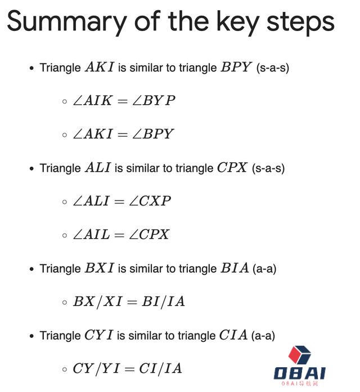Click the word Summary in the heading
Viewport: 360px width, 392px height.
(x=67, y=22)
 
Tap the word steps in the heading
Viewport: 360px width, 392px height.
(x=300, y=23)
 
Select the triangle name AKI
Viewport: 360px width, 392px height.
(x=100, y=67)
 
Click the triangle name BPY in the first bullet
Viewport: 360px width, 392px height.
(x=236, y=67)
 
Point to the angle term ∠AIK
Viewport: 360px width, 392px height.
(x=92, y=100)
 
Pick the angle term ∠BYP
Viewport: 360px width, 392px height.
(x=154, y=100)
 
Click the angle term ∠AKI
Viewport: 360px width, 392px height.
(x=93, y=134)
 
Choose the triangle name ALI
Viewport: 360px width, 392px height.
(x=98, y=167)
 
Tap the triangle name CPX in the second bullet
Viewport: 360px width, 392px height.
(x=232, y=167)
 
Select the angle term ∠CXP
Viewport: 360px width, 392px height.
(x=150, y=201)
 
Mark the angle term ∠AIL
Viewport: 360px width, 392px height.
(x=91, y=234)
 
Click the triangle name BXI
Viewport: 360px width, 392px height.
(x=100, y=268)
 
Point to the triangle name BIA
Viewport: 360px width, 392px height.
(x=235, y=268)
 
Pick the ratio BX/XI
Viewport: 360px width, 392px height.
(x=97, y=301)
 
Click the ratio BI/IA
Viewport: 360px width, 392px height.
(x=163, y=301)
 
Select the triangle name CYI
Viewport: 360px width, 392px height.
(x=99, y=335)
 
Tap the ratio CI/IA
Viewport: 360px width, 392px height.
(x=160, y=368)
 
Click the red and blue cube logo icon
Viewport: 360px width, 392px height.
(x=300, y=355)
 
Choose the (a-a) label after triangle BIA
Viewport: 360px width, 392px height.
(x=264, y=269)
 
